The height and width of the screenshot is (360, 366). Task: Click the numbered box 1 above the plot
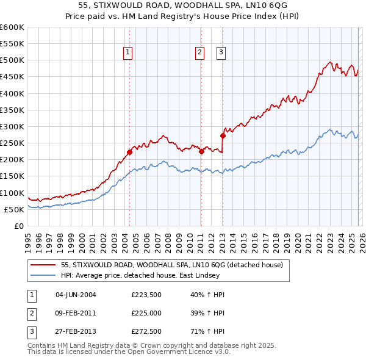[x=128, y=53]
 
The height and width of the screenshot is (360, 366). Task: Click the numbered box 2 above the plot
[x=199, y=53]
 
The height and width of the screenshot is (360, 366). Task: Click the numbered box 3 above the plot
[x=220, y=53]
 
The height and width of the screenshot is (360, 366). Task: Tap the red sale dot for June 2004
[x=129, y=152]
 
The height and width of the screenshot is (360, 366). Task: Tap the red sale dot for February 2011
[x=201, y=151]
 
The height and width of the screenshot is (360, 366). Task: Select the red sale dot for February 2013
[x=223, y=135]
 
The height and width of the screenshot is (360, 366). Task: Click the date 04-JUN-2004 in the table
[x=76, y=295]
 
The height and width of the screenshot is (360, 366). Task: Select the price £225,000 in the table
[x=146, y=314]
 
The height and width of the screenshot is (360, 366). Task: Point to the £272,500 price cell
[x=146, y=333]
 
